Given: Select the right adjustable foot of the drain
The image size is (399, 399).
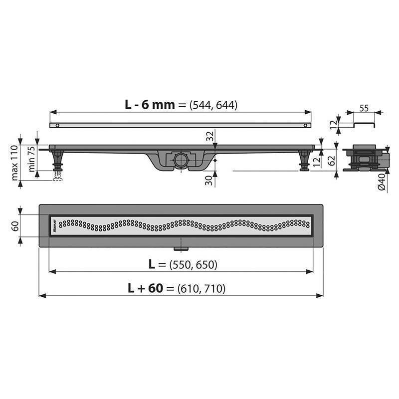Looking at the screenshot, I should tap(304, 161).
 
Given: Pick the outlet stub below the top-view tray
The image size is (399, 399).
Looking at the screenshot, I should tap(179, 248).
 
